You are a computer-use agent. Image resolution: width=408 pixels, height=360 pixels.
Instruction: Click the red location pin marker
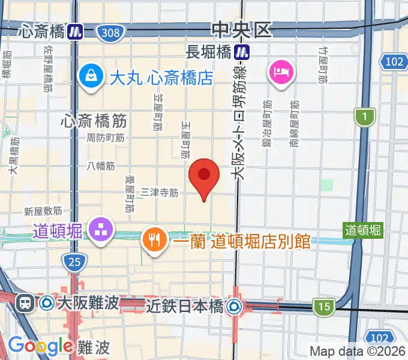point(204,175)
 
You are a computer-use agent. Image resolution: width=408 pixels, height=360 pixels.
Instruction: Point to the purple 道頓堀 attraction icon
point(100,230)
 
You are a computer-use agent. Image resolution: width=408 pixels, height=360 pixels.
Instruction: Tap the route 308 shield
point(110,32)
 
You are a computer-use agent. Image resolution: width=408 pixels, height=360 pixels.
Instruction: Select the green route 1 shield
point(364,117)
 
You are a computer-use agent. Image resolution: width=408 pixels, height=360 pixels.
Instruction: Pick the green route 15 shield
point(324,307)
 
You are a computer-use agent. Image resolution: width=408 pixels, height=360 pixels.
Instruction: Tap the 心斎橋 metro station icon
point(75,31)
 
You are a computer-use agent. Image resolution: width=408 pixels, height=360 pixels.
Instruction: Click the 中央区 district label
point(241,29)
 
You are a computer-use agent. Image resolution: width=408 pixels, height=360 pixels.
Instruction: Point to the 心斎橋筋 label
point(94,121)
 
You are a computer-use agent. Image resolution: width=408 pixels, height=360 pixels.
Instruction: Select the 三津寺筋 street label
point(160,193)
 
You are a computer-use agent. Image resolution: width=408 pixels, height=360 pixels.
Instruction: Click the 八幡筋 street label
point(100,165)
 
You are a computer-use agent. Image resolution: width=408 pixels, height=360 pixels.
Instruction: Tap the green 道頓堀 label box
point(362,229)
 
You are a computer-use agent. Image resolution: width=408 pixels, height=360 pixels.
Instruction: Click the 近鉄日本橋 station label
point(185,306)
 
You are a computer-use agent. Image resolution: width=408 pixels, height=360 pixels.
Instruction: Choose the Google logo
point(40,346)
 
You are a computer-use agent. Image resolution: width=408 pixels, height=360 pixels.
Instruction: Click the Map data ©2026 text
point(358,351)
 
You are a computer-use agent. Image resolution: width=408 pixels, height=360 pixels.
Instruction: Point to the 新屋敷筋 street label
point(43,211)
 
